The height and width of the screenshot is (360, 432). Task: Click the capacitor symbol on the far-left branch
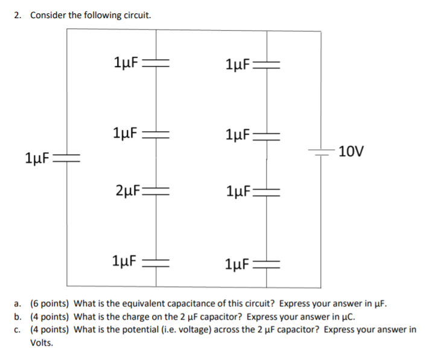67,159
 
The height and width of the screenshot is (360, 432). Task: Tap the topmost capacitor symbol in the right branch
268,65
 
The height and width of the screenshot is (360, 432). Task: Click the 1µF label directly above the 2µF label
125,132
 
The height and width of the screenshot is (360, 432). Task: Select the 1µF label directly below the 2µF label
125,261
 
